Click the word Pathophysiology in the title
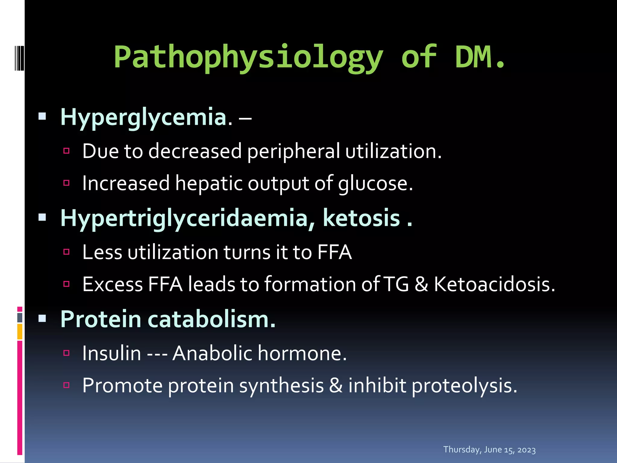click(x=248, y=57)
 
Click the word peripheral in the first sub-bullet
click(x=293, y=151)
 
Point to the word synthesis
click(x=281, y=385)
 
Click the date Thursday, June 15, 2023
click(x=489, y=450)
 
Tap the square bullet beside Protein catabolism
click(x=42, y=318)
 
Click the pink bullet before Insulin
click(x=67, y=353)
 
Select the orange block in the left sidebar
click(x=20, y=332)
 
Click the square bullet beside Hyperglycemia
click(x=42, y=116)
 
